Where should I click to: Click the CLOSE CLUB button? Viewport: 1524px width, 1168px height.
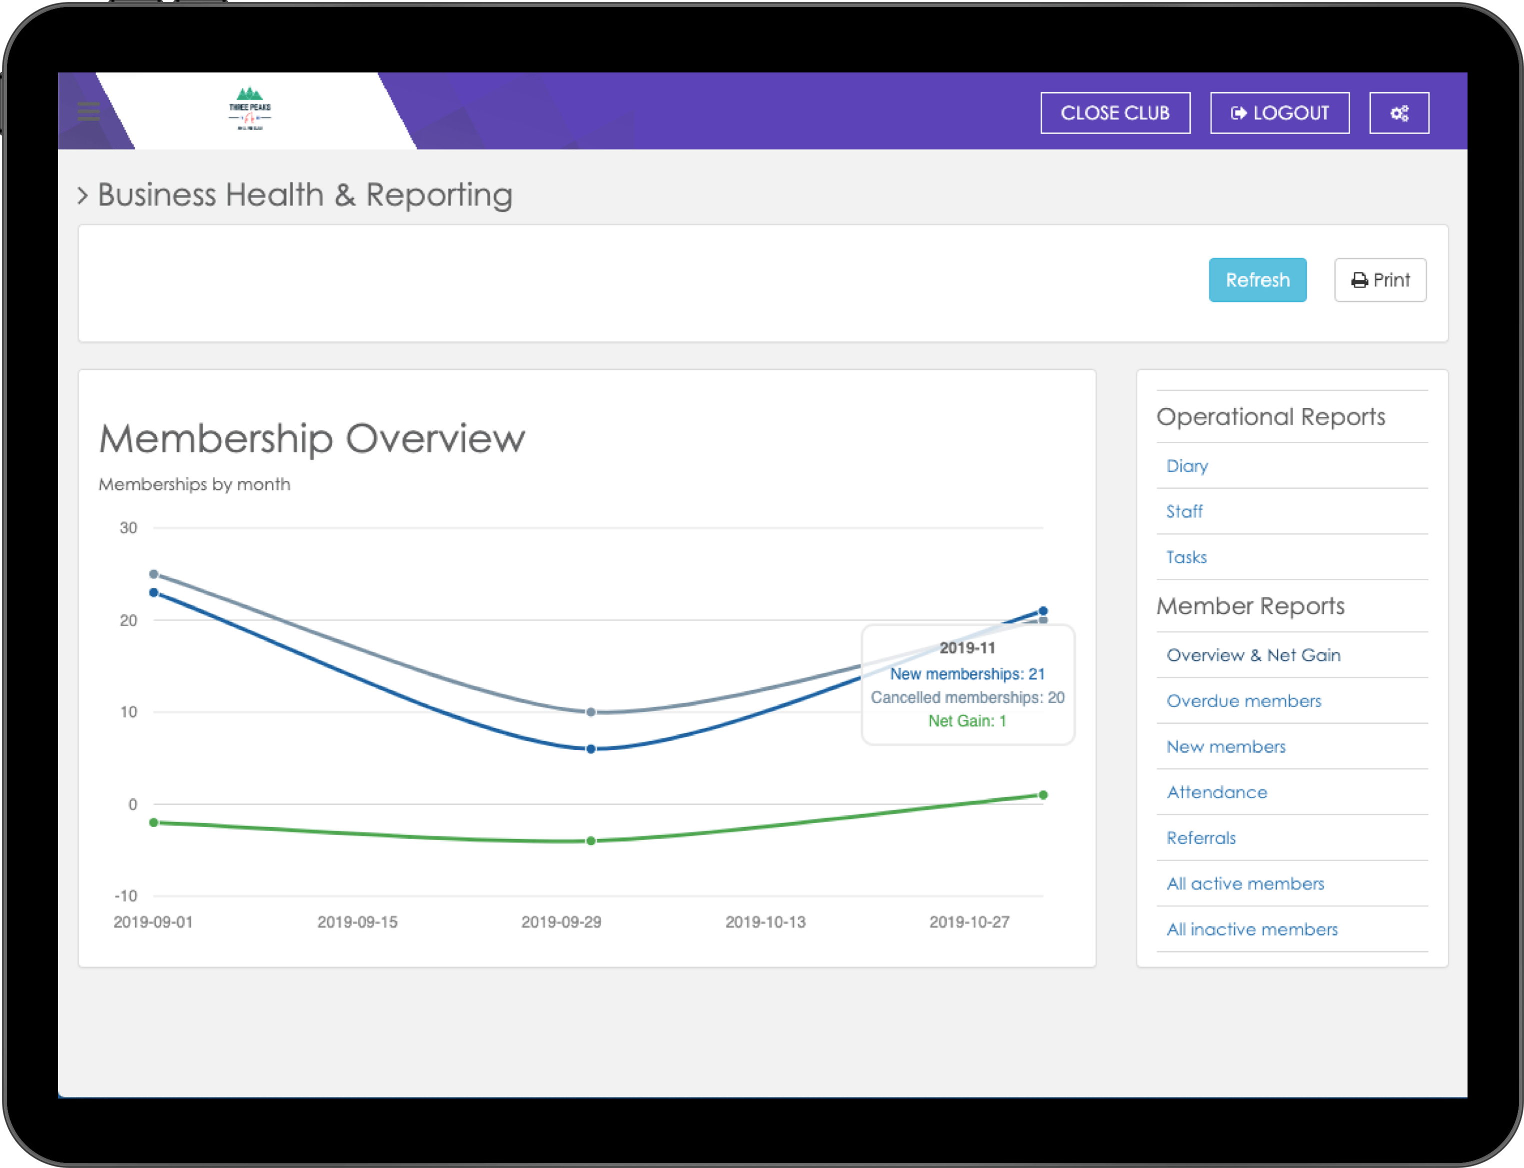tap(1115, 112)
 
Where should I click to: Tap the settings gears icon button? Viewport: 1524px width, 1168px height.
tap(1399, 112)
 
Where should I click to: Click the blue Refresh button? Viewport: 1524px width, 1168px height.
tap(1257, 280)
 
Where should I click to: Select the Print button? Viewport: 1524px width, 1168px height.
tap(1380, 280)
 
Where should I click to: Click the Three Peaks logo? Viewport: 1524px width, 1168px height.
tap(249, 108)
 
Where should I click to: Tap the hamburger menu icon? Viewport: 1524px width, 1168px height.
tap(88, 111)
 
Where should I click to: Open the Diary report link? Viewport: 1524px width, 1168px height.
tap(1187, 466)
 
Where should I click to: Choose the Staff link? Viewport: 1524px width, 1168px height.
tap(1184, 512)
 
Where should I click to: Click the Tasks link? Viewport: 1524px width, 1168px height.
tap(1186, 558)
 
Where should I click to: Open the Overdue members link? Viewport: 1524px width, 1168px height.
tap(1243, 701)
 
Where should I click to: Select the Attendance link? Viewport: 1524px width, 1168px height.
tap(1217, 793)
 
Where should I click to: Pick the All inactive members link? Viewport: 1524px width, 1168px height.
tap(1252, 930)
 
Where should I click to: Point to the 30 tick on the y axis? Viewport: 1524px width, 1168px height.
tap(128, 528)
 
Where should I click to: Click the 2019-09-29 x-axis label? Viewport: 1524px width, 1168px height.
tap(561, 922)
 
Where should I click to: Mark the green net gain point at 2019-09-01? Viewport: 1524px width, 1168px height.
tap(153, 823)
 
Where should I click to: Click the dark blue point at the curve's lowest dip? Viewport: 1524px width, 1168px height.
tap(591, 749)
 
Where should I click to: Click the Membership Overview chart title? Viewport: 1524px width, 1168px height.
tap(311, 439)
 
